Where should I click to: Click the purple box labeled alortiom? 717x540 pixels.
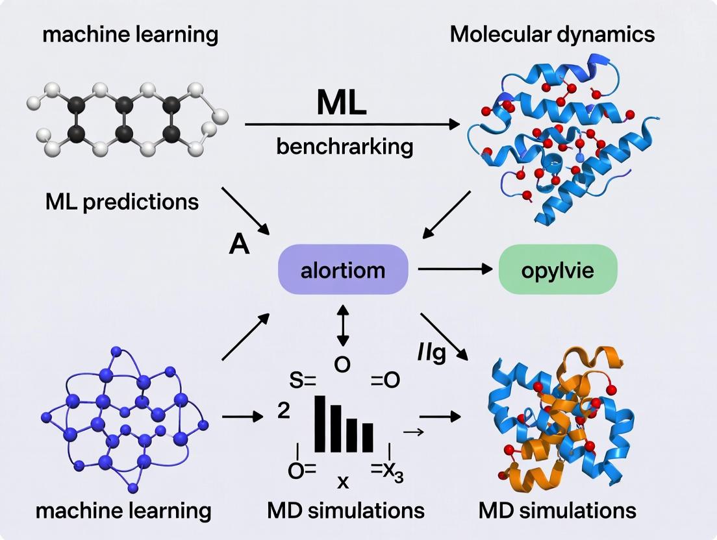pyautogui.click(x=342, y=270)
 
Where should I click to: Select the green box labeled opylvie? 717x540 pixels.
pyautogui.click(x=557, y=270)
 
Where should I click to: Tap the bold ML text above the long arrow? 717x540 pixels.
pyautogui.click(x=341, y=103)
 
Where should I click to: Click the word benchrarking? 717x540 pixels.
pyautogui.click(x=344, y=147)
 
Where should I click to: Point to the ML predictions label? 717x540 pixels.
pyautogui.click(x=122, y=202)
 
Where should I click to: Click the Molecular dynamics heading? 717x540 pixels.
pyautogui.click(x=552, y=34)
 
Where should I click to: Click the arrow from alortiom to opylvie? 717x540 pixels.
pyautogui.click(x=454, y=269)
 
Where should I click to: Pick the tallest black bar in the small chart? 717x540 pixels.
pyautogui.click(x=320, y=423)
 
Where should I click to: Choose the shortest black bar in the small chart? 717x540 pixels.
pyautogui.click(x=368, y=437)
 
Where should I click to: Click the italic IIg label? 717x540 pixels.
pyautogui.click(x=431, y=354)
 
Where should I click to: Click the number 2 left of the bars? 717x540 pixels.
pyautogui.click(x=283, y=411)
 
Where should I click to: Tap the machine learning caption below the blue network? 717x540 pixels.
pyautogui.click(x=123, y=510)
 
